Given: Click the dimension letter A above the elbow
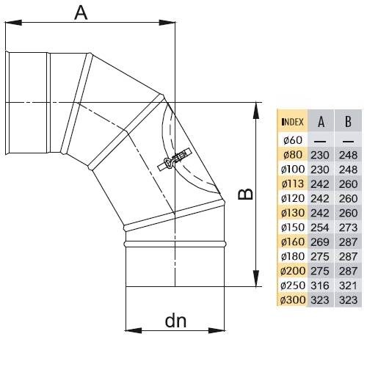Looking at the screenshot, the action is [81, 12].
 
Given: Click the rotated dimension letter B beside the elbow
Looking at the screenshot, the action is [245, 194].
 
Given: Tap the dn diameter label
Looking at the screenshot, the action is [175, 321].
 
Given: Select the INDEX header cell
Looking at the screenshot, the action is [292, 122].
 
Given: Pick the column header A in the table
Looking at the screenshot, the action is [321, 122].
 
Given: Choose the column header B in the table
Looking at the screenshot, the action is [348, 122].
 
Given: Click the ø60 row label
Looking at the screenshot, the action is [293, 140].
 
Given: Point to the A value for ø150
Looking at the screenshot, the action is [320, 228].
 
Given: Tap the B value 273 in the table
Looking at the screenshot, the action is [348, 228].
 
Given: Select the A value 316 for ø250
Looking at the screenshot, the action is [320, 286].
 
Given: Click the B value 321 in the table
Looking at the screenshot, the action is [348, 286].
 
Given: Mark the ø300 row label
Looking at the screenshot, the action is [293, 300].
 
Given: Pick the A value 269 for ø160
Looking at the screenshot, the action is [320, 242].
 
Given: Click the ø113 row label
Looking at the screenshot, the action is [293, 184].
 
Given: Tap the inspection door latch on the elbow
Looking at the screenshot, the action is [174, 160].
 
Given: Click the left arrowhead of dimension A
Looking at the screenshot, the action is [13, 23].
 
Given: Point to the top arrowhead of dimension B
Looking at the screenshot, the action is [256, 111].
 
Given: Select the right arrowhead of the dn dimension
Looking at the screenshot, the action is [217, 331].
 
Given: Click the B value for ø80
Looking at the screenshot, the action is [348, 155].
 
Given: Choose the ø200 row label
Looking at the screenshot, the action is [293, 271].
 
